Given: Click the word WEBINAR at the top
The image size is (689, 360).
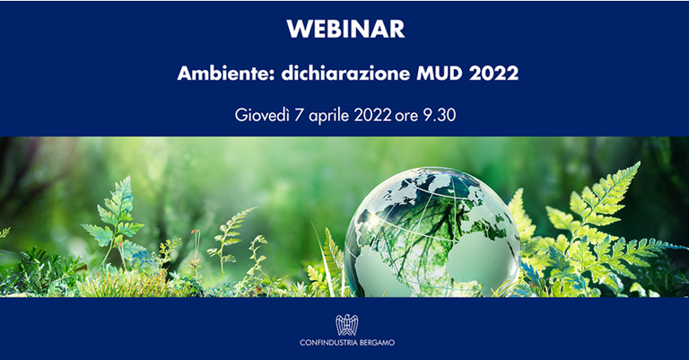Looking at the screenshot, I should pyautogui.click(x=345, y=29).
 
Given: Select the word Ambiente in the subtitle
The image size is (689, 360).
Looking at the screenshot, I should pyautogui.click(x=216, y=74).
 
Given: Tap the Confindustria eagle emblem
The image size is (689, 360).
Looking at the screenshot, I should pyautogui.click(x=345, y=324).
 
